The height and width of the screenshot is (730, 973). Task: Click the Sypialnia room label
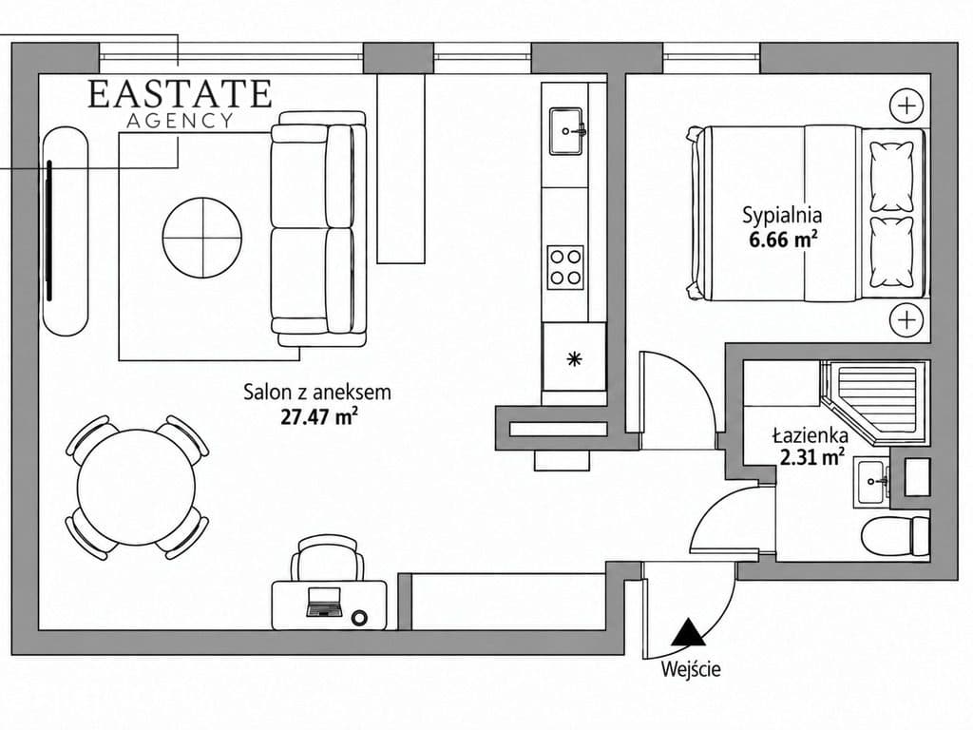coord(782,216)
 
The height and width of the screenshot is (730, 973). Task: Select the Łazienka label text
coord(810,434)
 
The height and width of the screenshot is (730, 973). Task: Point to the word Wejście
coord(691,669)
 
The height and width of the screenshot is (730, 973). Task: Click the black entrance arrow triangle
coord(688,634)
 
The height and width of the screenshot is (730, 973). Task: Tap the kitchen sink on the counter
coord(565,130)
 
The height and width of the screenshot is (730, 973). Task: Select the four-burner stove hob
coord(565,267)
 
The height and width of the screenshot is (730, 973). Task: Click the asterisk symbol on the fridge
coord(575,358)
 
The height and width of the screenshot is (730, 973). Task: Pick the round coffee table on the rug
coord(202,237)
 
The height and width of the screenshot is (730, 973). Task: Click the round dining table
coord(137,488)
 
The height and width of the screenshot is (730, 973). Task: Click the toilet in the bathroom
coord(895,536)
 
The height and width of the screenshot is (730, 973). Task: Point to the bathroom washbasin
coord(874,481)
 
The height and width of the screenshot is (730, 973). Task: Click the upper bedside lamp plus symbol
coord(906,105)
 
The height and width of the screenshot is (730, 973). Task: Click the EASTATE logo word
coord(180,94)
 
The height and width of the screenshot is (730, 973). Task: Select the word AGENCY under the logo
coord(180,121)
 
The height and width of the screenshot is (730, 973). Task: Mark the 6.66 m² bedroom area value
coord(783,239)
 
